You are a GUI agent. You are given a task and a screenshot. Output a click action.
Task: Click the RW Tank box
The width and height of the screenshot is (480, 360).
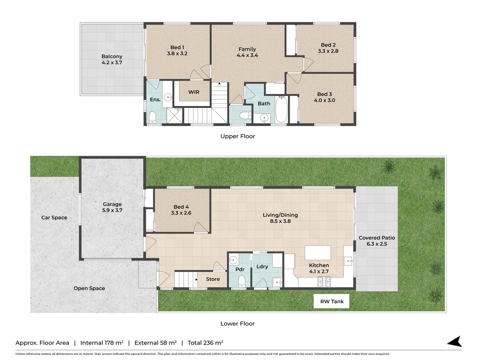(331, 301)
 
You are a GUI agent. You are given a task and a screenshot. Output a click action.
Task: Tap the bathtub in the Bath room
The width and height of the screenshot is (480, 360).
(281, 110)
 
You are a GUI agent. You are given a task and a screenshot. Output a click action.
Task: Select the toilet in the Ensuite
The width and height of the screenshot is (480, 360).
(152, 117)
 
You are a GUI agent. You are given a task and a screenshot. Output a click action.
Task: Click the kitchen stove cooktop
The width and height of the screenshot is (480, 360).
(324, 282)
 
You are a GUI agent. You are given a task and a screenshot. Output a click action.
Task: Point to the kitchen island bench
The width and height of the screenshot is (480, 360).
(318, 253)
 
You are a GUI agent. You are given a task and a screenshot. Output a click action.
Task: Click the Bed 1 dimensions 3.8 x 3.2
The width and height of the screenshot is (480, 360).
(177, 54)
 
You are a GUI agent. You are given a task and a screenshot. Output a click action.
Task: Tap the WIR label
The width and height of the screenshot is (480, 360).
(194, 92)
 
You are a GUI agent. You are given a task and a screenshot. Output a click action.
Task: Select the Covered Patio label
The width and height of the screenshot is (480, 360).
(377, 238)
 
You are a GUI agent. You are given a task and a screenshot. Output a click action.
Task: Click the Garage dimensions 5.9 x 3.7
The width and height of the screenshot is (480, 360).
(112, 210)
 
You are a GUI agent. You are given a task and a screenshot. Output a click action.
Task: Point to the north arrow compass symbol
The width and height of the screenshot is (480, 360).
(455, 342)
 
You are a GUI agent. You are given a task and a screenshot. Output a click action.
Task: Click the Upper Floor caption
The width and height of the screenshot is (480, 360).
(238, 136)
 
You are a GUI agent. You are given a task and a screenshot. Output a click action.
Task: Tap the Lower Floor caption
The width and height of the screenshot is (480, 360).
(237, 324)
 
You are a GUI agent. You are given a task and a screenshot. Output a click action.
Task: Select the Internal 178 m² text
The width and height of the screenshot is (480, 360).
(102, 343)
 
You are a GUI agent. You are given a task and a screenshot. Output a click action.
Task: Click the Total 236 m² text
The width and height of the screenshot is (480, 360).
(205, 343)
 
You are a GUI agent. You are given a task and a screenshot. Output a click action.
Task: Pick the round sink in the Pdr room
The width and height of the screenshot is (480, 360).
(233, 260)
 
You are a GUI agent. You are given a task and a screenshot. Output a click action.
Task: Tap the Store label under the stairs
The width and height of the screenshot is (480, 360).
(213, 279)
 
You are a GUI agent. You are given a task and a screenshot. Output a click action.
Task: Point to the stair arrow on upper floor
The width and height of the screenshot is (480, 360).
(219, 83)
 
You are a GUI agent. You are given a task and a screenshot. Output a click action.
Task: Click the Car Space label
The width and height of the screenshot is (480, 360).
(54, 218)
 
